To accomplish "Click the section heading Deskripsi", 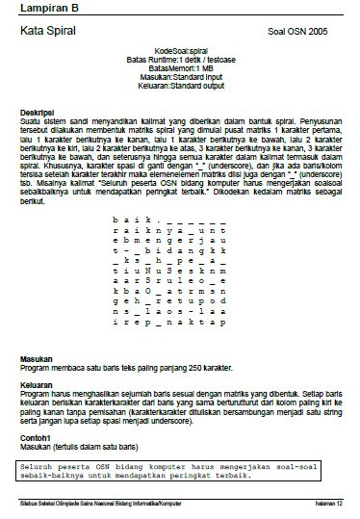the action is click(37, 112).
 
